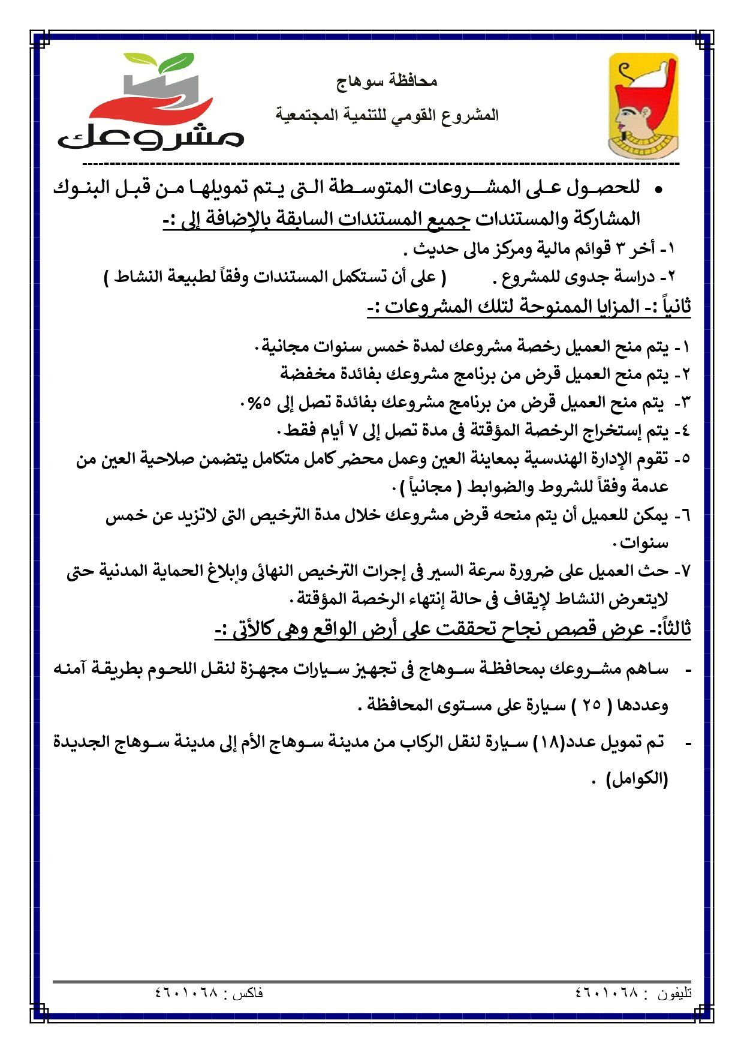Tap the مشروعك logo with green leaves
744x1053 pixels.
click(x=151, y=102)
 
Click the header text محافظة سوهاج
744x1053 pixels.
click(x=387, y=80)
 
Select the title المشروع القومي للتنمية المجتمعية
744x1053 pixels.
click(x=387, y=115)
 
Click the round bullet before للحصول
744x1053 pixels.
click(x=658, y=190)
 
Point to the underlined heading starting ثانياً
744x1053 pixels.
click(x=529, y=307)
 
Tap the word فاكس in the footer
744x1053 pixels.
click(x=247, y=994)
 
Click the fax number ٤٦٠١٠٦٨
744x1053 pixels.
click(x=185, y=993)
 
